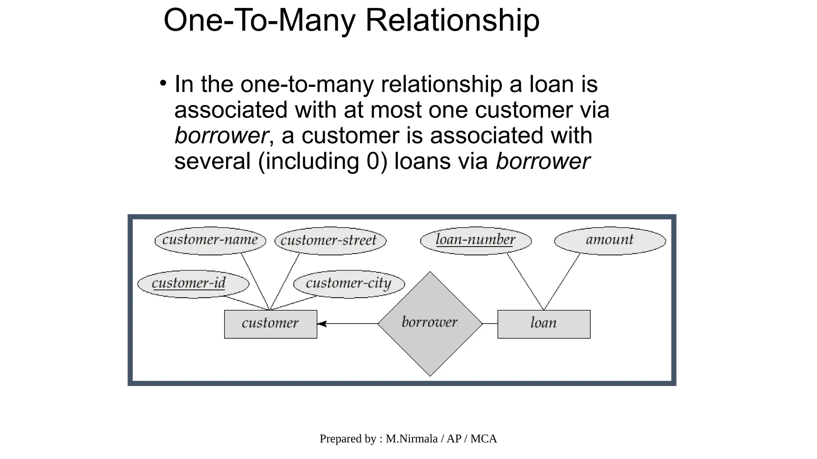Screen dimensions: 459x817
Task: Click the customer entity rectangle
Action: (x=270, y=324)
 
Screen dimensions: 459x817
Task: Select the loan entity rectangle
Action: (x=544, y=324)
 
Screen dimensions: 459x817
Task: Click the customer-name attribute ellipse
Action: (x=210, y=241)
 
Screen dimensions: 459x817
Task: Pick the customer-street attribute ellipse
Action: (x=330, y=241)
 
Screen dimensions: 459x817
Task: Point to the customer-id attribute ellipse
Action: (x=193, y=284)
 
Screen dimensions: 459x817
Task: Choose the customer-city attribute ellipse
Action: (x=349, y=284)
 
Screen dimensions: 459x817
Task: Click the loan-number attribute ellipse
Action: (x=476, y=241)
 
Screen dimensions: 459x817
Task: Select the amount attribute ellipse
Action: (x=610, y=241)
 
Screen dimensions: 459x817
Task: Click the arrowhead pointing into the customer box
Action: (x=322, y=324)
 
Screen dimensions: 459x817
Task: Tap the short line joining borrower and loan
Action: (x=490, y=324)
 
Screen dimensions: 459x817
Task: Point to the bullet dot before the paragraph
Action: (x=163, y=83)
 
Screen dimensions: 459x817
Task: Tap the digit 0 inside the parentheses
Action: (x=373, y=161)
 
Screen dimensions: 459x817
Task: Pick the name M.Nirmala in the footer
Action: (x=411, y=439)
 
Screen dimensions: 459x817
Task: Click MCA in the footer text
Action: (x=483, y=439)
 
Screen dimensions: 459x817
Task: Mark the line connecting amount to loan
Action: (x=562, y=281)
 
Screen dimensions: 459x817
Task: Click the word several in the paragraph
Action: (x=212, y=161)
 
